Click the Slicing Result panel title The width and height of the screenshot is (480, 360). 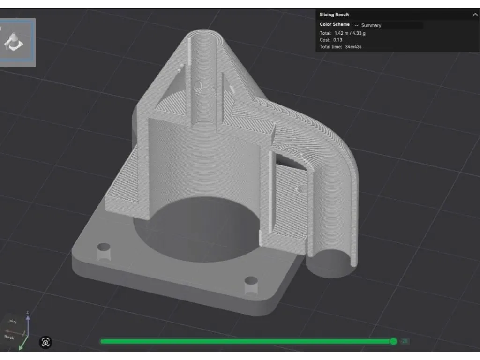334,15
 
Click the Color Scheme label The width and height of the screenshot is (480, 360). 334,24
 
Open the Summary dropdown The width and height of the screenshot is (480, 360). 371,25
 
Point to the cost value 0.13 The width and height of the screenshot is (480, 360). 337,40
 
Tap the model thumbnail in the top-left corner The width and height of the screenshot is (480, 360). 17,42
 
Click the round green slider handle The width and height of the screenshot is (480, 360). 393,341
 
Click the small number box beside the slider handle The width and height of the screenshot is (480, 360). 405,341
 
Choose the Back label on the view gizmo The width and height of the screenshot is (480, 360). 9,337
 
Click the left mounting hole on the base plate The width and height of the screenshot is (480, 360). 103,247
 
